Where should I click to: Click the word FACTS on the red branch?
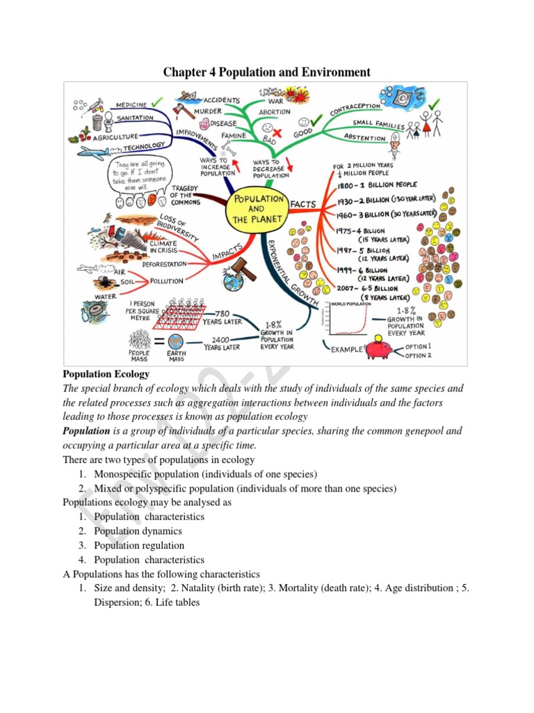coord(303,204)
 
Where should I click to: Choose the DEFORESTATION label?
coord(165,265)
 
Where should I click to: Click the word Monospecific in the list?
coord(126,474)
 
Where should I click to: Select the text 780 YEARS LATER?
coord(222,318)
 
